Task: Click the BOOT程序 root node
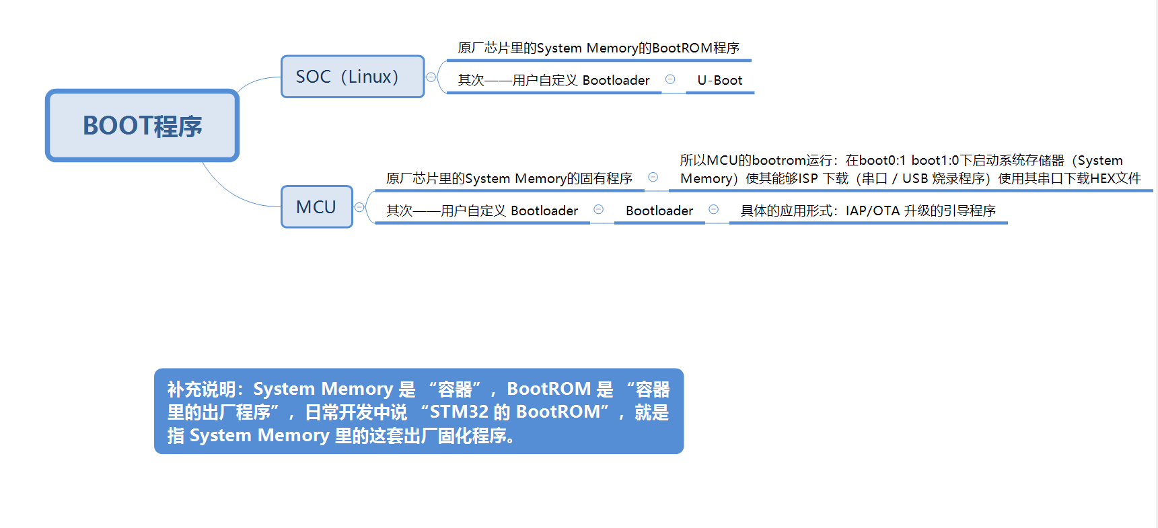[142, 126]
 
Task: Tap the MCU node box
[316, 206]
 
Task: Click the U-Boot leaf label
[719, 80]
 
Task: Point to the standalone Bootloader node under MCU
[659, 211]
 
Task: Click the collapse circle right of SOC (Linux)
[431, 77]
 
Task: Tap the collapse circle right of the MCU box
[359, 207]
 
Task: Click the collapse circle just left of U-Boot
[670, 79]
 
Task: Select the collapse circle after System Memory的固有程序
[653, 177]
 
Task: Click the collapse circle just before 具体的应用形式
[714, 210]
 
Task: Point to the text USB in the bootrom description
[914, 178]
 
